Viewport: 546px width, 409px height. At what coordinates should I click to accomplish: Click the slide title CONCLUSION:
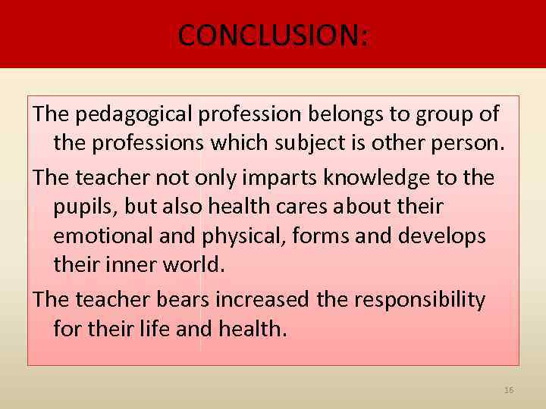273,34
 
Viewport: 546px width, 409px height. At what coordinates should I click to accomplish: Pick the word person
469,144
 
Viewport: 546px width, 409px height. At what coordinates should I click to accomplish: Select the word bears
181,299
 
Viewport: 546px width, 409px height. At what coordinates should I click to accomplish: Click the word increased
262,299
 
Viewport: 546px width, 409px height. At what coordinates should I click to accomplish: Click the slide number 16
509,390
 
